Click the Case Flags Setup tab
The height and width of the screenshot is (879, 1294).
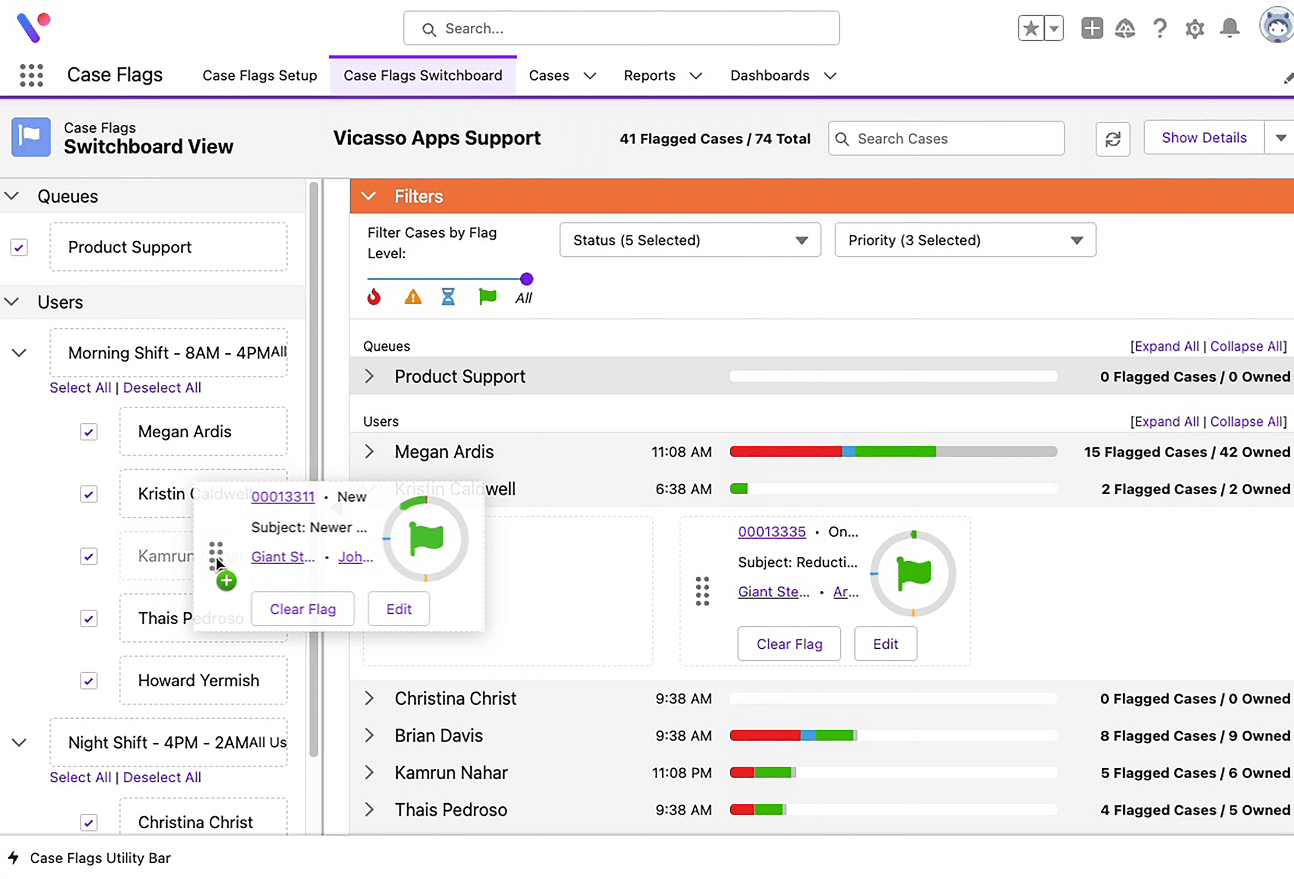(260, 76)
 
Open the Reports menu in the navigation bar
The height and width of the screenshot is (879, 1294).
(662, 76)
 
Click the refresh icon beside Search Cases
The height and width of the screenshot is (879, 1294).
(1112, 139)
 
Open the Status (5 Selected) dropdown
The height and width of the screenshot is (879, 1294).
(689, 240)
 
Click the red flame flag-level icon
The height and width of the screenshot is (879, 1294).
(374, 297)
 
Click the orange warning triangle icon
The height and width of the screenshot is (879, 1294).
(413, 297)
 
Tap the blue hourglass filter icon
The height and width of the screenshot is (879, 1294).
(448, 297)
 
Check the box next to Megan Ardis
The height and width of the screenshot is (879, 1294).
(89, 432)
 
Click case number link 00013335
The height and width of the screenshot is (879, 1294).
(771, 531)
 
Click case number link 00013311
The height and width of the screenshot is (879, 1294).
(283, 496)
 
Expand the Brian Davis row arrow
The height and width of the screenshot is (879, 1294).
(369, 735)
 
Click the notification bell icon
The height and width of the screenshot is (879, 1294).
(1230, 28)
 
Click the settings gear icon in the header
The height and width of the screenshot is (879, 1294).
(1194, 28)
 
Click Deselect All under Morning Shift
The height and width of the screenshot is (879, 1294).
(162, 387)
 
